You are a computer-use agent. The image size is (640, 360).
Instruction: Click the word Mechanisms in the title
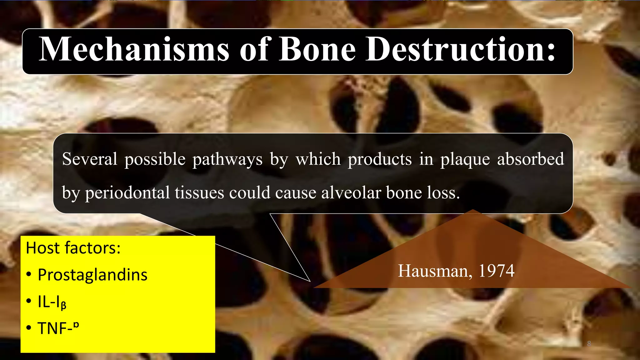134,49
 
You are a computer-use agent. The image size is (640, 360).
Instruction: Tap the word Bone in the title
317,49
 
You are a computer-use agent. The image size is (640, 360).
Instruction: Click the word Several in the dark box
90,159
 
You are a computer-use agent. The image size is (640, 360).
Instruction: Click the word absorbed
530,159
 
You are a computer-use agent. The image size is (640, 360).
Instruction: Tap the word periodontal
127,193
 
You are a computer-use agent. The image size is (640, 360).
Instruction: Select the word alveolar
351,192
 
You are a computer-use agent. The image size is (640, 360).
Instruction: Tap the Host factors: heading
73,248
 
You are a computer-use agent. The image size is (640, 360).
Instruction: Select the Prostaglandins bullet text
92,275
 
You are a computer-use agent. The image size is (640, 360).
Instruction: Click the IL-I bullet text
52,302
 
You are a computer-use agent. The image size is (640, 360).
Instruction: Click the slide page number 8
589,343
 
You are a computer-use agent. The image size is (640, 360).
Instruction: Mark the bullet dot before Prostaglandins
29,275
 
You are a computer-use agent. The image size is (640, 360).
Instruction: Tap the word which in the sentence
318,159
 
